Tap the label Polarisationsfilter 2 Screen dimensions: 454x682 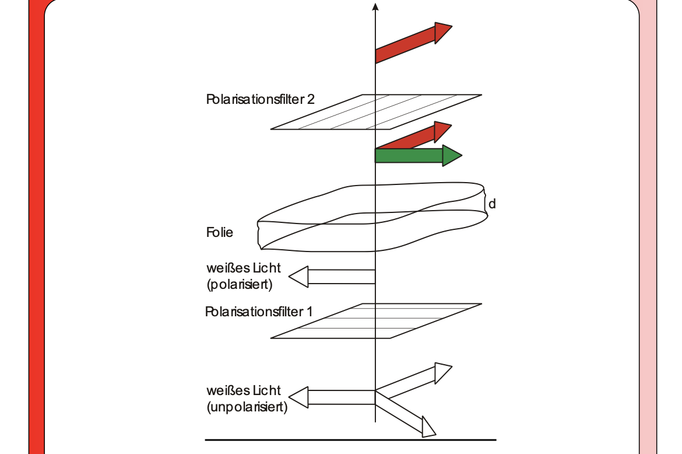pos(260,99)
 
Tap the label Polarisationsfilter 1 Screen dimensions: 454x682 pos(259,312)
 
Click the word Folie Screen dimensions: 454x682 pos(220,233)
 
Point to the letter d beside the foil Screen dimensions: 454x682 pos(492,204)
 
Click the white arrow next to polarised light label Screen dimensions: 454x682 pos(332,277)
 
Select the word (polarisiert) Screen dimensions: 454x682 pos(239,285)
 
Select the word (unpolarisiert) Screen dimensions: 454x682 pos(247,407)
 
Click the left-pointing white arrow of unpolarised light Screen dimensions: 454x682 pos(332,398)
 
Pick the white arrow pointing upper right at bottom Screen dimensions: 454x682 pos(414,380)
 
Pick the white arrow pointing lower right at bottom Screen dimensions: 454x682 pos(408,416)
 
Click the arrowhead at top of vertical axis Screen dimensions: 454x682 pos(375,7)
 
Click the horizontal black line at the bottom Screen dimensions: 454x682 pos(350,439)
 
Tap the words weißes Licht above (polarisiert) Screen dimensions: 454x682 pos(243,268)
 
